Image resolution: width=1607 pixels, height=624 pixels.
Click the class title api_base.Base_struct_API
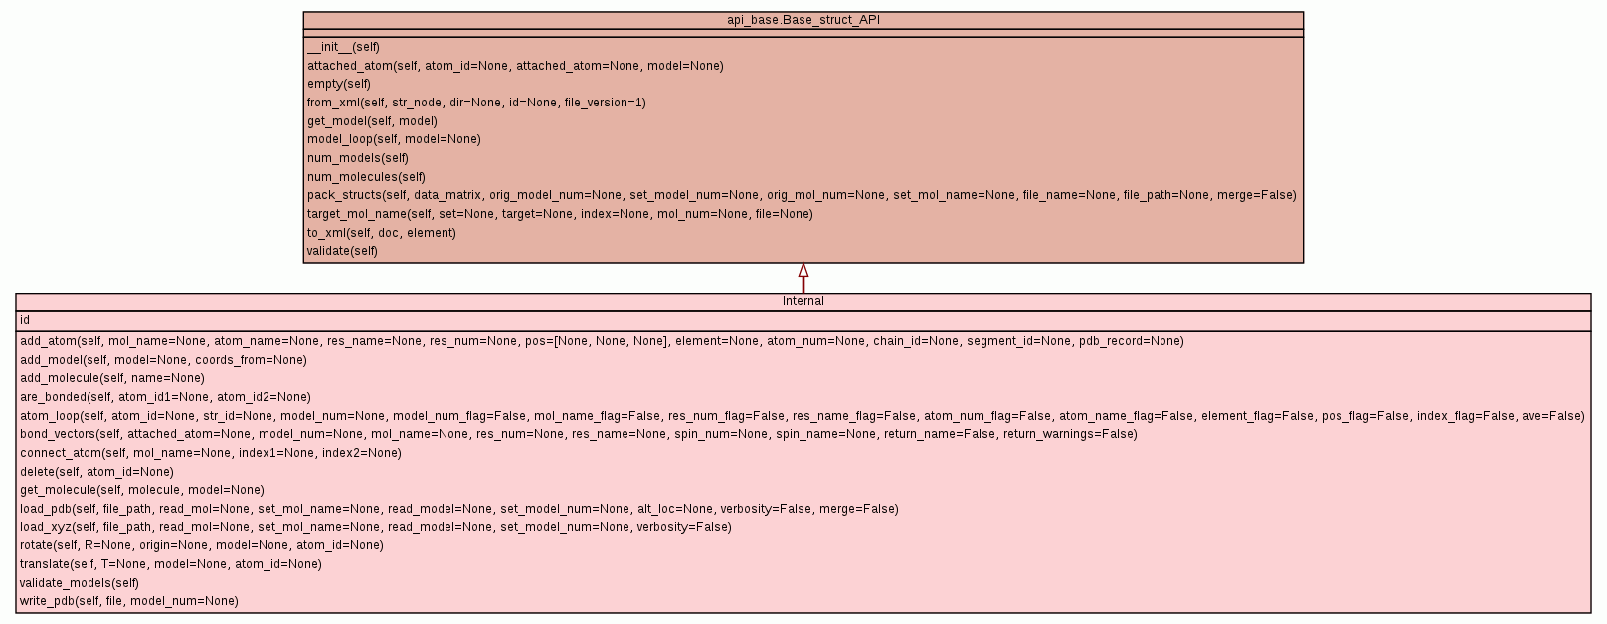[803, 20]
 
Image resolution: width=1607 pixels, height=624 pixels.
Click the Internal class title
[803, 301]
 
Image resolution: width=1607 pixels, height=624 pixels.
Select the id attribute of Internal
[25, 320]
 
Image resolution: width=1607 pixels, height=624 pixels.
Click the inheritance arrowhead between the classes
[803, 270]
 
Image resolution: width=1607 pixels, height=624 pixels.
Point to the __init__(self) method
[343, 47]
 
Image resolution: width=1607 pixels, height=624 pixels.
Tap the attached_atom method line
[515, 66]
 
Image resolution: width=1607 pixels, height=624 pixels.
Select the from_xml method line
[476, 103]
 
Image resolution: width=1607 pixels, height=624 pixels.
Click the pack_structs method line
[802, 195]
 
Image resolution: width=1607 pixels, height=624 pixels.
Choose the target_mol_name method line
[560, 214]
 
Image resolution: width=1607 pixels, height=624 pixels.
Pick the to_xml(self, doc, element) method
[382, 233]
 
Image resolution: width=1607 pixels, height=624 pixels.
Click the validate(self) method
[342, 251]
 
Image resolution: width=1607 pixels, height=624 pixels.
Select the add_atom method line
[602, 341]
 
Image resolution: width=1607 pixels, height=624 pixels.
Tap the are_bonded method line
[165, 397]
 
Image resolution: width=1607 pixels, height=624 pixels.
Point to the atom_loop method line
[802, 416]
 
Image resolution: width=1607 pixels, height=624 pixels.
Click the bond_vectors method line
[578, 434]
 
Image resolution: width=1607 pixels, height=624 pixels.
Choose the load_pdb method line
[458, 509]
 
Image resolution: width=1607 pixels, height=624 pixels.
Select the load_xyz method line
[375, 527]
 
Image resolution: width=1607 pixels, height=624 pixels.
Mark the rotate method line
[201, 545]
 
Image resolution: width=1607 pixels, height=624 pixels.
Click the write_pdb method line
[129, 601]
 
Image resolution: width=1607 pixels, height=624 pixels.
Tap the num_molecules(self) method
[366, 177]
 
